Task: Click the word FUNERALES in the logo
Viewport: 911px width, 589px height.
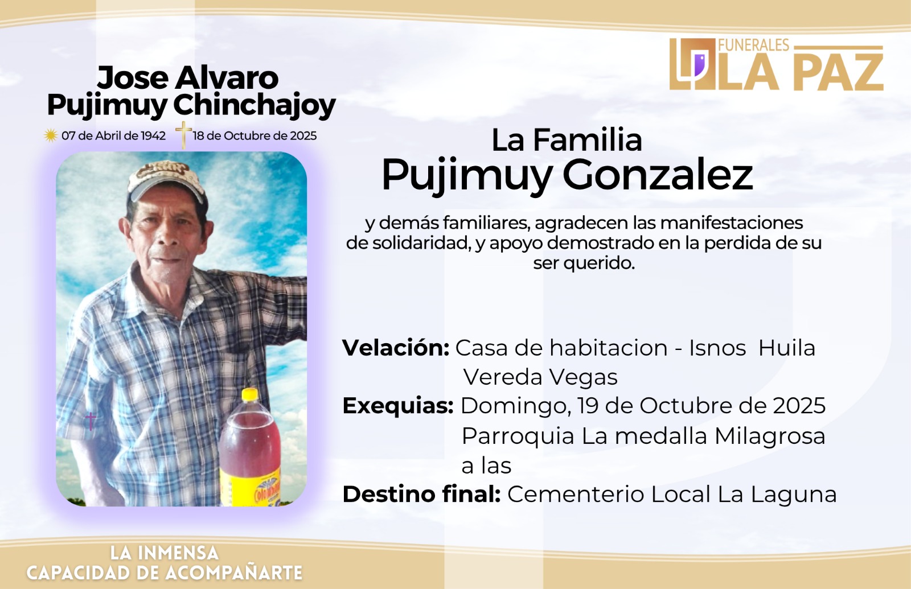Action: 754,45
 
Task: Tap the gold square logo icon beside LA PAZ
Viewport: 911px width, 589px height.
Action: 692,64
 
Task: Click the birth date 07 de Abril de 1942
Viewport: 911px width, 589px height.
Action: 113,136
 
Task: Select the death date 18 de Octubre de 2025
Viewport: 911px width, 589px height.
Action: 255,136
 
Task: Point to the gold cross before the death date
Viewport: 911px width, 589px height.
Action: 183,135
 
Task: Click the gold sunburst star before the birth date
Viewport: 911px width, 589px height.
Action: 51,135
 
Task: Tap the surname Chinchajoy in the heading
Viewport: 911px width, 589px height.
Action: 254,106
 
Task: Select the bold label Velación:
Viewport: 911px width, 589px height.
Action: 396,348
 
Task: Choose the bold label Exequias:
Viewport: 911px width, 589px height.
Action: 398,406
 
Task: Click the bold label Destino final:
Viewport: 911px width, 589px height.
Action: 421,495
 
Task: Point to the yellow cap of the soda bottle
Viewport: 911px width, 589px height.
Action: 250,394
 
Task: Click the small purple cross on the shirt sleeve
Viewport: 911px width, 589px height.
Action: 91,421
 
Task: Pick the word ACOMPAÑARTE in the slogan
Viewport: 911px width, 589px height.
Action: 234,572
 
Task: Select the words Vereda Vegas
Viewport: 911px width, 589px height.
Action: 540,377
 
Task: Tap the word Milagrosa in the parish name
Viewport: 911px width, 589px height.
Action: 769,436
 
